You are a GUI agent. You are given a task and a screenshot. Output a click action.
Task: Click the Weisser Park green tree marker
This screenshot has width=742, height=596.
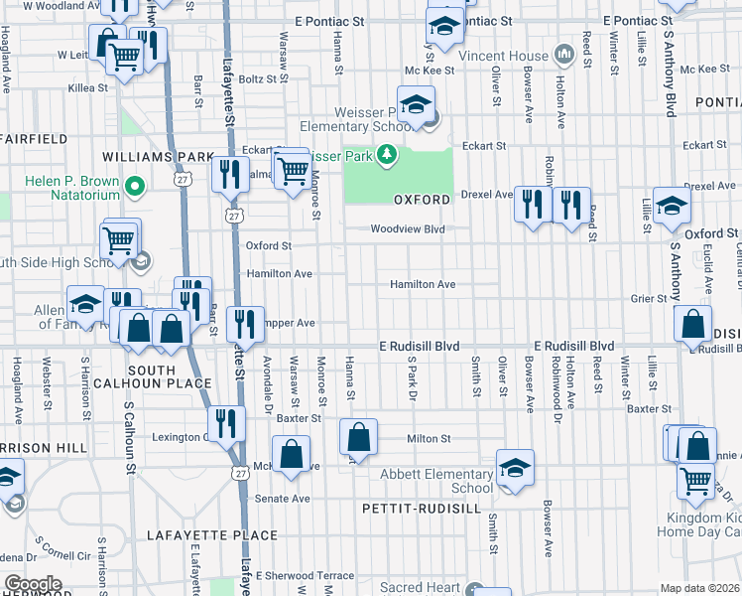point(386,154)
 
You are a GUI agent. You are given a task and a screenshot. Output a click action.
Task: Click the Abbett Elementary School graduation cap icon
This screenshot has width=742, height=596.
point(516,467)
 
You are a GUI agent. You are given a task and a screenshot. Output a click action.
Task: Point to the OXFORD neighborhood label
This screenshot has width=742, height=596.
point(423,200)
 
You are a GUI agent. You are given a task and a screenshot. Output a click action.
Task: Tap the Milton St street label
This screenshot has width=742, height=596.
point(429,438)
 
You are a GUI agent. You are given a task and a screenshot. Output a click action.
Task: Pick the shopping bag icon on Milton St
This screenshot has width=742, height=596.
point(358,436)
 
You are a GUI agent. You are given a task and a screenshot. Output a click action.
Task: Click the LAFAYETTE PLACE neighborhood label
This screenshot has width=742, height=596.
point(212,535)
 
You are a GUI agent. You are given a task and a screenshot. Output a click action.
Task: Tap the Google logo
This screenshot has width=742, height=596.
point(33,584)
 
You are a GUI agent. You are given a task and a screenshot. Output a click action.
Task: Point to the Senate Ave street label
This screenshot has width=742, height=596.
point(283,498)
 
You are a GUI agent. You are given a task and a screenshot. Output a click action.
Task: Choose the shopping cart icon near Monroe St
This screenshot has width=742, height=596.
point(292,170)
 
